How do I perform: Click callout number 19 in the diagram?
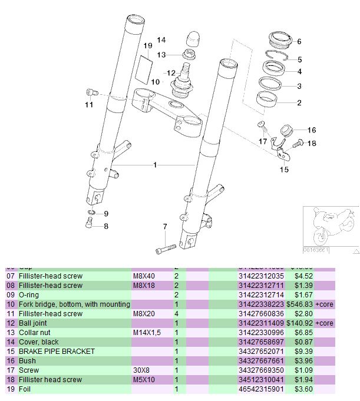148,45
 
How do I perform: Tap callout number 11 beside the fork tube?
88,105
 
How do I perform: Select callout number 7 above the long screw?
165,227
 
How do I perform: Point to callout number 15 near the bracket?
284,170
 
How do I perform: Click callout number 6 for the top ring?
299,42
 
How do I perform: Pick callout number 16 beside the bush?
312,130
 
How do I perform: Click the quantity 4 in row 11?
177,314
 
